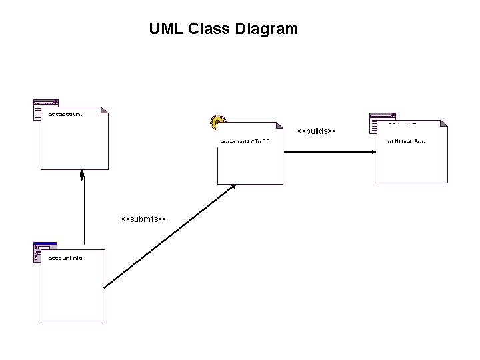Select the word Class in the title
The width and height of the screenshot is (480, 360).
209,29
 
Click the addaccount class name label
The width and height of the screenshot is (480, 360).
65,114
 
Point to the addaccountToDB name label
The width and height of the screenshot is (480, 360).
244,142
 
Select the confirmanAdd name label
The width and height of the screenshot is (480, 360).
405,142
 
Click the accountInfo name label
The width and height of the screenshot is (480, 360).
65,257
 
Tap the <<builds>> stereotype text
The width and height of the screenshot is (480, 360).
316,131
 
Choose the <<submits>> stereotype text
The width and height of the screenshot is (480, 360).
143,219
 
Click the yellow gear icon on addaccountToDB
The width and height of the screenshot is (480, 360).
218,121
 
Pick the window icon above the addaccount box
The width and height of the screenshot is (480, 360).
45,109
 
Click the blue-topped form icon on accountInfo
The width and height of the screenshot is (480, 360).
44,251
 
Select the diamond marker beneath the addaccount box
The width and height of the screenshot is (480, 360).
82,175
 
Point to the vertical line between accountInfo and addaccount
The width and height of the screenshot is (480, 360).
84,213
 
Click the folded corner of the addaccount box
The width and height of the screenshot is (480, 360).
104,110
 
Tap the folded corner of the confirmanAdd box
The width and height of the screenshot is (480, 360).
443,125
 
